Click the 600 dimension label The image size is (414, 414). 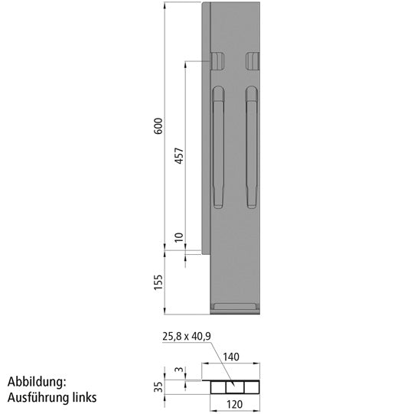[158, 126]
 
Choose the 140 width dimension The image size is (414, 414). [232, 357]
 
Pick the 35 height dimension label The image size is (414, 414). [158, 386]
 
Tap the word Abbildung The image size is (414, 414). [37, 381]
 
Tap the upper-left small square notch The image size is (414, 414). [218, 60]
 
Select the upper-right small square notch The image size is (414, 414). [253, 60]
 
